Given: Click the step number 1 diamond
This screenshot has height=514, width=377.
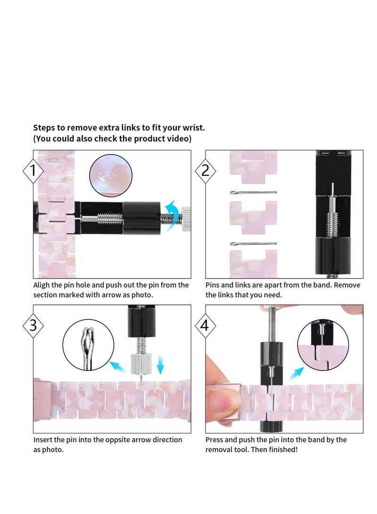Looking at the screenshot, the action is (33, 171).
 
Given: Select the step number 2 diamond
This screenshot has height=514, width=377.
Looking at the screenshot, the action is (205, 171).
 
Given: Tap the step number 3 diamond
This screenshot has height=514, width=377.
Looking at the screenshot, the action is (33, 326).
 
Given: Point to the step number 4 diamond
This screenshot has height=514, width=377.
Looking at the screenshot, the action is (205, 326).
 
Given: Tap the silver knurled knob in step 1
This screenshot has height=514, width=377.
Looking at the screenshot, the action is (186, 218).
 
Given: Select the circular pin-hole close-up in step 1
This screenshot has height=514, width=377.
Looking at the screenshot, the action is (111, 176).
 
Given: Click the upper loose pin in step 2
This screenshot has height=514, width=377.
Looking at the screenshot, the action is (253, 192).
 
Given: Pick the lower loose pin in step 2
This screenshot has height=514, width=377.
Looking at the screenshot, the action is (253, 244).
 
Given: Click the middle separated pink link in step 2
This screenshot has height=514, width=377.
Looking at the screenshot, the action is (253, 217).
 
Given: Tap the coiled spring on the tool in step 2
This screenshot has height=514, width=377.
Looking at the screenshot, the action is (332, 223).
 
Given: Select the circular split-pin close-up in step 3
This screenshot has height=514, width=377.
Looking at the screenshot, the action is (88, 345).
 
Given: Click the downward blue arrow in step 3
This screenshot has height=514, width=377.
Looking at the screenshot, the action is (160, 364).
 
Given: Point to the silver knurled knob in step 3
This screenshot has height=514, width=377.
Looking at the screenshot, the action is (142, 364).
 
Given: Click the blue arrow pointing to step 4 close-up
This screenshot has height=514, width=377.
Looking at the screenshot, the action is (296, 374).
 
